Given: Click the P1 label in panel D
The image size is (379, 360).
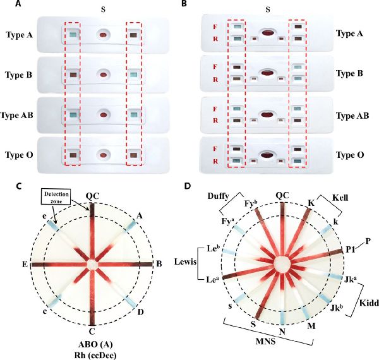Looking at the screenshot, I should coord(350,250).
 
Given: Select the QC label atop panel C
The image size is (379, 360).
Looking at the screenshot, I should coord(93,195).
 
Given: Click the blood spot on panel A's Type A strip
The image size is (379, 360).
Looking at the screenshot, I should coord(102,35).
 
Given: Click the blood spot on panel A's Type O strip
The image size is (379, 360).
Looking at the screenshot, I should coord(102,153).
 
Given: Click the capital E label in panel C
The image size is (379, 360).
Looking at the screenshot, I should coord(23,263).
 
